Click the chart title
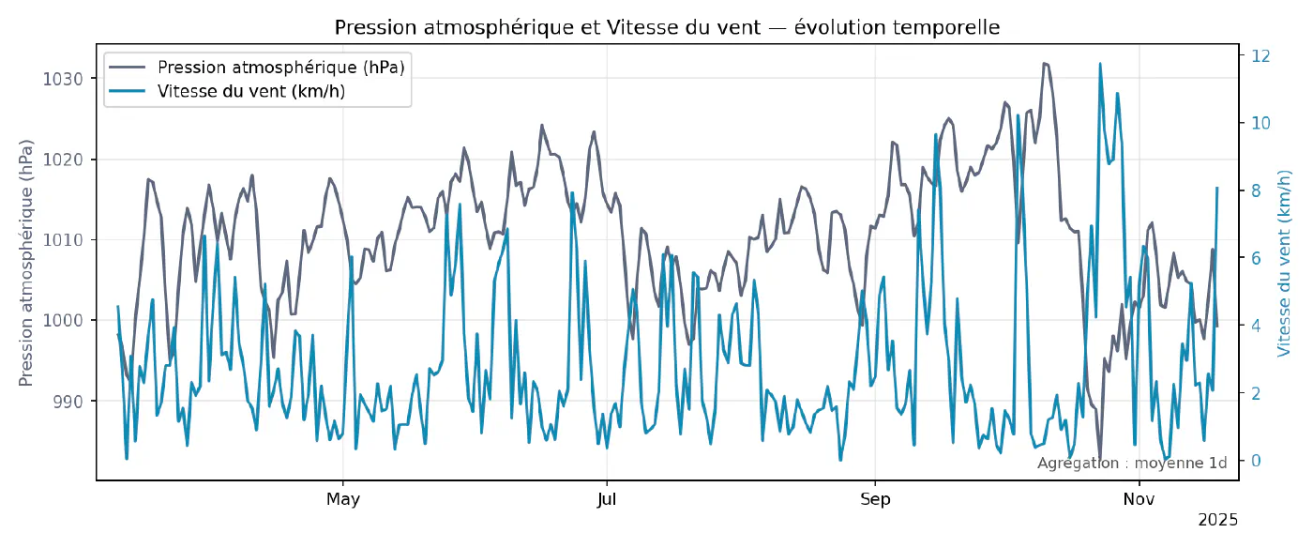[667, 28]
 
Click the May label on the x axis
[343, 499]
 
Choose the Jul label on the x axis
[608, 499]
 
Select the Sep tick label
[875, 499]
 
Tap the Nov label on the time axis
[1139, 499]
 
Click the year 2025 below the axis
[1218, 520]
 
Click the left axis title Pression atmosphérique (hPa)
[26, 263]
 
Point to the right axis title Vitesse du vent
[1285, 263]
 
